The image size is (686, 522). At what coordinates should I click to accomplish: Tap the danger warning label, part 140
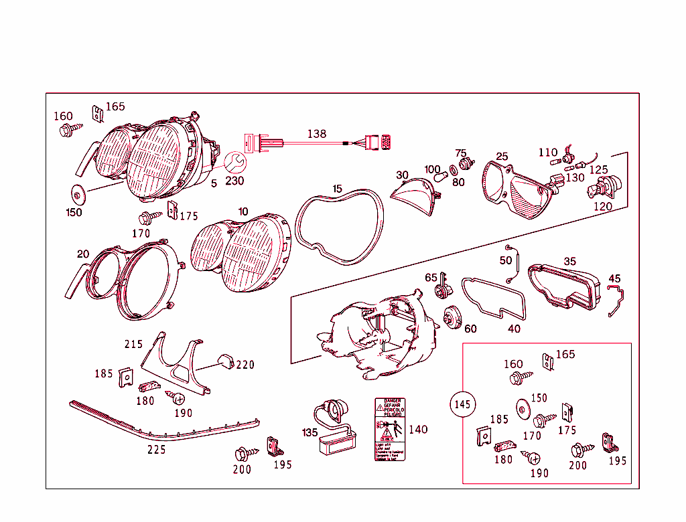[390, 429]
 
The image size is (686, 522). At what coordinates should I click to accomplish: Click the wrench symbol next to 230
[234, 163]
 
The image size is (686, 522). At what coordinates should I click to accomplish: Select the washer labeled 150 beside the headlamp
[78, 195]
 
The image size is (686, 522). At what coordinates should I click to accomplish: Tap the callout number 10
[243, 211]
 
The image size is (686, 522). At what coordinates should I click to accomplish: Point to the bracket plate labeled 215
[176, 365]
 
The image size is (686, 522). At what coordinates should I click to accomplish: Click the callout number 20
[83, 254]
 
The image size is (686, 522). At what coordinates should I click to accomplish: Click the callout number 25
[502, 157]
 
